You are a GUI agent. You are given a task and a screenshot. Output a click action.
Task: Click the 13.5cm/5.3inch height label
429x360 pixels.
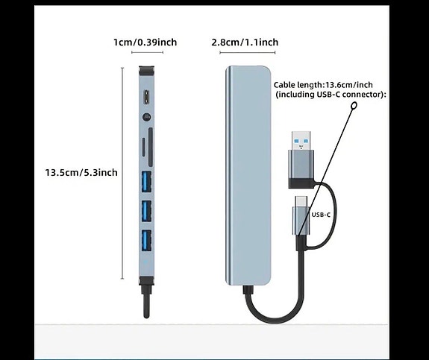(81, 172)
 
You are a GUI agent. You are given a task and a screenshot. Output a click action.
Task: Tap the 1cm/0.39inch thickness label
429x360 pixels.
(145, 42)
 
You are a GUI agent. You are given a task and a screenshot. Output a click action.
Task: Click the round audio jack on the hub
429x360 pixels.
(145, 116)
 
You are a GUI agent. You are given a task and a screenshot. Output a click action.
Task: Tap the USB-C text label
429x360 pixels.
(322, 215)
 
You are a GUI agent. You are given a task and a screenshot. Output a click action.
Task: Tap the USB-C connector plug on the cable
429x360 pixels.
(304, 210)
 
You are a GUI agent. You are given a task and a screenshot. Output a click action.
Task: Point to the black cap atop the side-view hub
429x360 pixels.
(145, 72)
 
